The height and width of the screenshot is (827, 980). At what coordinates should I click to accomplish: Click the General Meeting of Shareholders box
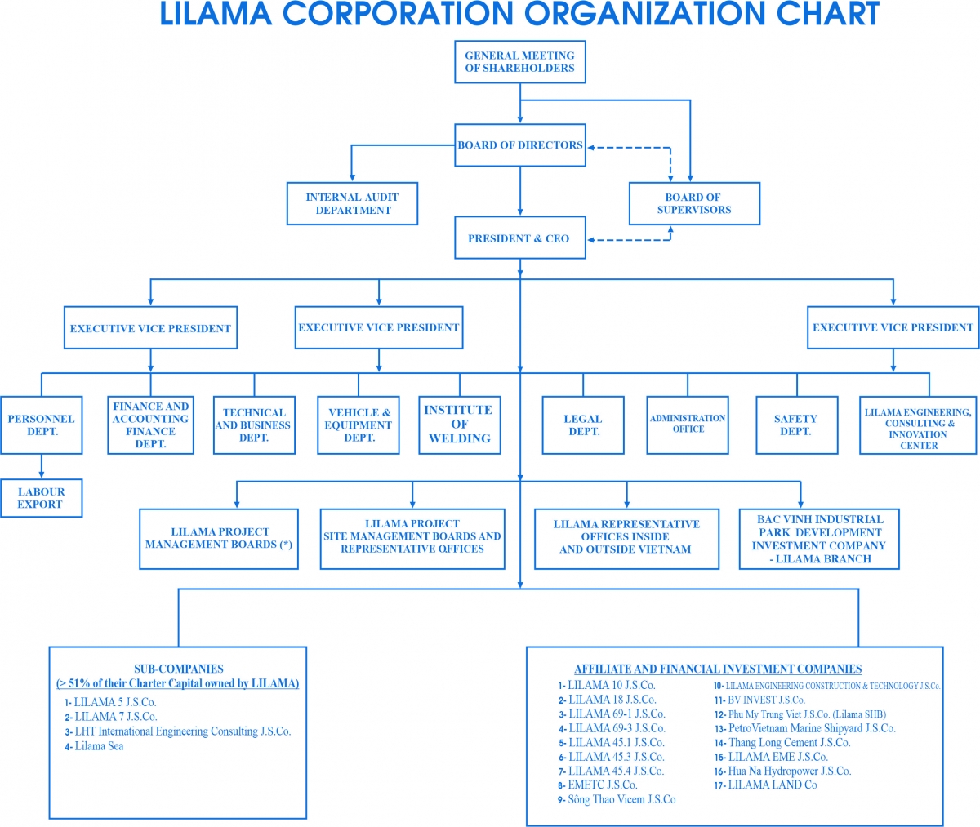[x=519, y=62]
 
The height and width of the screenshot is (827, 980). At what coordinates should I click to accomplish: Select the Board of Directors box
[x=519, y=145]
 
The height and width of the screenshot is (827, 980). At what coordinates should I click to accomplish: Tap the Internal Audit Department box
[x=352, y=203]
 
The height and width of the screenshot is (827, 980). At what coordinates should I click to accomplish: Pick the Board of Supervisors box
[x=693, y=203]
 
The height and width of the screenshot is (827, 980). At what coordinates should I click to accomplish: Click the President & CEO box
[x=519, y=238]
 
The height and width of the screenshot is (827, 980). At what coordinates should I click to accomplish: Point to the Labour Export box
[x=41, y=498]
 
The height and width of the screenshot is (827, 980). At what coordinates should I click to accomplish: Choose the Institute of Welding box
[x=459, y=425]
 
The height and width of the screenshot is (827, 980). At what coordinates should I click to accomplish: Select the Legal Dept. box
[x=583, y=425]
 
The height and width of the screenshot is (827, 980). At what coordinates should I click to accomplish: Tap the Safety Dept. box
[x=795, y=425]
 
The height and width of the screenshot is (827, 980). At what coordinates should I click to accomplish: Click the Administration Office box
[x=688, y=425]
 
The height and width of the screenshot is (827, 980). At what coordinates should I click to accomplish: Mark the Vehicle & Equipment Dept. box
[x=358, y=425]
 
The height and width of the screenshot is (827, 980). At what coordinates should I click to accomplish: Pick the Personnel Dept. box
[x=41, y=425]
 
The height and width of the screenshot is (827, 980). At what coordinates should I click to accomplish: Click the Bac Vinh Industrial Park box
[x=819, y=539]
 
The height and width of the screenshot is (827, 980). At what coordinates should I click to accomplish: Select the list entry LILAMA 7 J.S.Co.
[x=115, y=717]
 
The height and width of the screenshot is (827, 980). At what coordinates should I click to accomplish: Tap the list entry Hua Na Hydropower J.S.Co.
[x=789, y=771]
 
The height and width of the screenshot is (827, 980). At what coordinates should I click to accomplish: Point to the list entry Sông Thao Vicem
[x=621, y=799]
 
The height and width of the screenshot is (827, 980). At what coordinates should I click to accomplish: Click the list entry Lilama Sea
[x=99, y=746]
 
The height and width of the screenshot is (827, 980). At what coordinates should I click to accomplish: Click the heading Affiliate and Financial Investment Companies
[x=718, y=669]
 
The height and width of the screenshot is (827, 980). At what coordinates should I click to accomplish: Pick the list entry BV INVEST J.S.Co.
[x=766, y=700]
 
